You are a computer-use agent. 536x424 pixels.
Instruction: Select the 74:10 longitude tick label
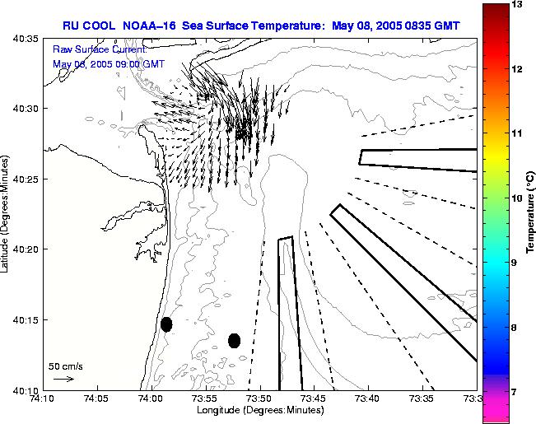click(43, 398)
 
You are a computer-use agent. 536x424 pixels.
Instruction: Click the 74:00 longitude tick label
click(151, 398)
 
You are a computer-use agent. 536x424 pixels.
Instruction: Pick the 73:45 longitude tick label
click(314, 398)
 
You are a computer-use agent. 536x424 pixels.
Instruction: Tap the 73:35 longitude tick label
click(422, 398)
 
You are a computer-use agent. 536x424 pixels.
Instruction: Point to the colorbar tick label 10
click(517, 198)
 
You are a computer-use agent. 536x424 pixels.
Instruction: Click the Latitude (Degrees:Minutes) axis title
click(7, 213)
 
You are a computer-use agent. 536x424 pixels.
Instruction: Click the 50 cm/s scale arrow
click(63, 379)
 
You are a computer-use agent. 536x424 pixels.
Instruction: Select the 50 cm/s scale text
click(66, 366)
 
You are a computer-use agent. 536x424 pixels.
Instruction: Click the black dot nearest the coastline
click(166, 324)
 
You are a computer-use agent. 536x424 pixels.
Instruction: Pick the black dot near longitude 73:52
click(234, 340)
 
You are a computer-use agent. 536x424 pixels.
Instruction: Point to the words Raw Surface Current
click(87, 49)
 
